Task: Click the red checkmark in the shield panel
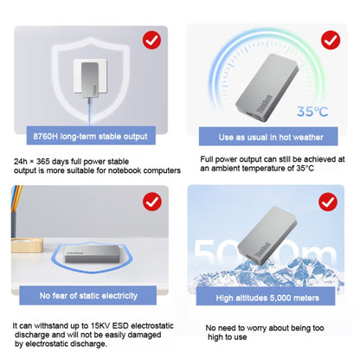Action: [151, 40]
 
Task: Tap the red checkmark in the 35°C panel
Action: [331, 40]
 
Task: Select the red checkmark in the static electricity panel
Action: [152, 202]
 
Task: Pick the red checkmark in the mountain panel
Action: [328, 202]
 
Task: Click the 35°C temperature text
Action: [312, 112]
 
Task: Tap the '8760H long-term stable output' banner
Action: [91, 136]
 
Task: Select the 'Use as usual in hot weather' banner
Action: [268, 137]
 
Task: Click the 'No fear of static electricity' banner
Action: [88, 295]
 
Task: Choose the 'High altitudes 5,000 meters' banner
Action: [266, 297]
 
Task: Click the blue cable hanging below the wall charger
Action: [89, 112]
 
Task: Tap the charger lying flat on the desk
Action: [92, 254]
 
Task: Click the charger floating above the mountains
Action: [267, 235]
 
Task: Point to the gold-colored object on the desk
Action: [27, 246]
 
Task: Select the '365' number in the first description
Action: [42, 161]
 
